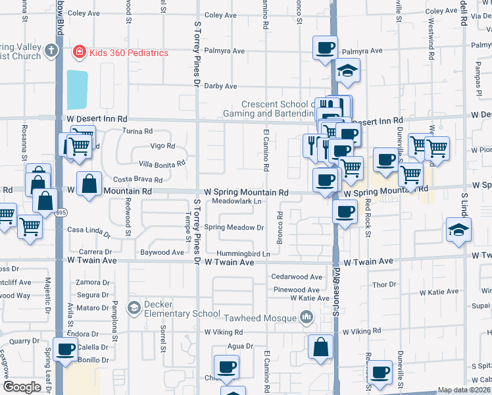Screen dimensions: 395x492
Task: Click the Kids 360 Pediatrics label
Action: (x=129, y=53)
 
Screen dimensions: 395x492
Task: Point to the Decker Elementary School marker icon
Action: (x=134, y=307)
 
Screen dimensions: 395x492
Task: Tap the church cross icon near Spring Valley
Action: (x=52, y=50)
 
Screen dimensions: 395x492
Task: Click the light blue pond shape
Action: (x=76, y=90)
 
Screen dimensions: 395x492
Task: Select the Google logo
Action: (x=21, y=387)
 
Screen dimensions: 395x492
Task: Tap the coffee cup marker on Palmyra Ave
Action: (x=326, y=48)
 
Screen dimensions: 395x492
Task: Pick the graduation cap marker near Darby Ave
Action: (x=347, y=70)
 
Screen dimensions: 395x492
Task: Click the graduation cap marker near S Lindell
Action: (x=458, y=230)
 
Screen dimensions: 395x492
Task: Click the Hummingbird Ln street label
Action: (x=247, y=253)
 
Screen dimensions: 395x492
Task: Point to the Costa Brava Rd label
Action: (x=138, y=180)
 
